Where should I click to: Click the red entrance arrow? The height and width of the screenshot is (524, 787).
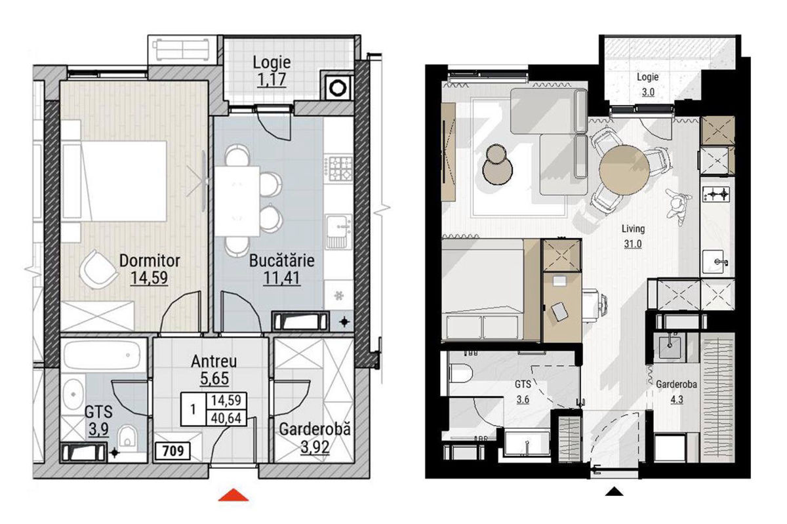point(233,496)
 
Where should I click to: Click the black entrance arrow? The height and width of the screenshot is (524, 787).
point(614,491)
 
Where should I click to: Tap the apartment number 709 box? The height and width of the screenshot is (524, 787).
point(173,451)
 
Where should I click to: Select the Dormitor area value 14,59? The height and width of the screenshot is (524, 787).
point(149,277)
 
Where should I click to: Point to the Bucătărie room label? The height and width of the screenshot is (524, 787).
point(282,261)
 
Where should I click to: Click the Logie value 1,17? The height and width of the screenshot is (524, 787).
point(272,79)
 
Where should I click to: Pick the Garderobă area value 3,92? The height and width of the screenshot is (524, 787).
point(315,447)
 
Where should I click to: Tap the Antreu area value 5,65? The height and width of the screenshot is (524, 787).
point(214,378)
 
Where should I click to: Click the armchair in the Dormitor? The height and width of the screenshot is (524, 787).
point(98,269)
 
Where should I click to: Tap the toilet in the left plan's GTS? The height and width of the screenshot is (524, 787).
point(127,439)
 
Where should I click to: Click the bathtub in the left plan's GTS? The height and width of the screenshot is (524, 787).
point(104,354)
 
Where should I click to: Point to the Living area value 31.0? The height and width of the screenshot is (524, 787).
point(633,243)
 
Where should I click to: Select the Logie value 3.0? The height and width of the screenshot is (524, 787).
point(648,92)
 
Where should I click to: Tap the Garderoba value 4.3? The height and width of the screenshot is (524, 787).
point(676,399)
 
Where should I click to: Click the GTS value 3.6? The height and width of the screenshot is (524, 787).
point(523,399)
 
